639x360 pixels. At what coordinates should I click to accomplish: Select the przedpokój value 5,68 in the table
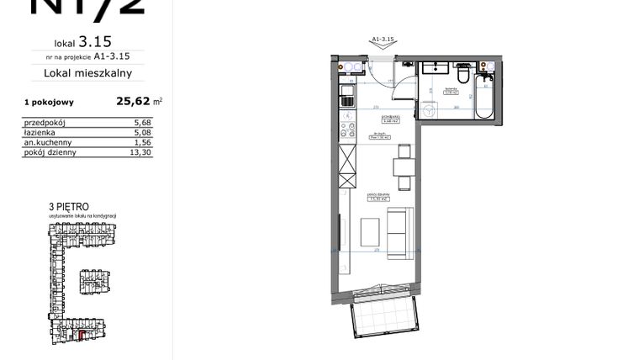tap(141, 123)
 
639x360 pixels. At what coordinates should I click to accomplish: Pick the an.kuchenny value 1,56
tap(141, 143)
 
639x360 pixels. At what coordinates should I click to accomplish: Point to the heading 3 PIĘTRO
tap(69, 205)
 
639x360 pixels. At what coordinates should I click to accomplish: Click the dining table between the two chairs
tap(404, 168)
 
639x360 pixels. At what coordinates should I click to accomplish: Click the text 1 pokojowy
tap(49, 102)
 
